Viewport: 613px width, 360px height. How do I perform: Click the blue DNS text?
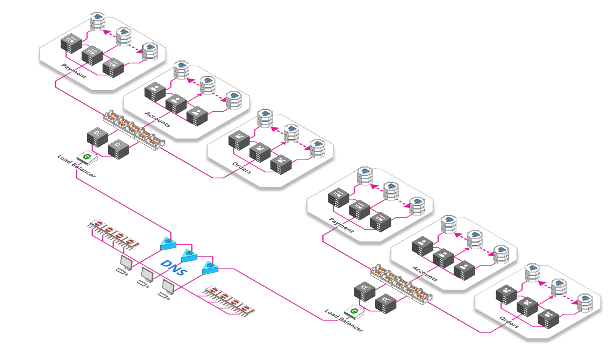174,268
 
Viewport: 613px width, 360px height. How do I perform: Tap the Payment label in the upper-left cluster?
74,71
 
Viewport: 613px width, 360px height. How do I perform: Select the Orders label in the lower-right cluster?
509,322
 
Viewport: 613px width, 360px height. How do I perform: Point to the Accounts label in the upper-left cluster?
158,119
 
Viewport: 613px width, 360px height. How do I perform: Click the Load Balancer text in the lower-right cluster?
344,321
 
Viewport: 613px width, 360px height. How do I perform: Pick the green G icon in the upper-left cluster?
87,157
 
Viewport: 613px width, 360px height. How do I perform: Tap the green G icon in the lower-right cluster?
354,311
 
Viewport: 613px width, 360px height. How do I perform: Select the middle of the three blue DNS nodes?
189,255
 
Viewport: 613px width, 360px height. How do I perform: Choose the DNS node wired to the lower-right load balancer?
210,268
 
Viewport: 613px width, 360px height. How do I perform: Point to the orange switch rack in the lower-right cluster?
402,285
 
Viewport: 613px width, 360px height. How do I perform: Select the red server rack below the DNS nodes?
229,301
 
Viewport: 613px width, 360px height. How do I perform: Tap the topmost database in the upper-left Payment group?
97,21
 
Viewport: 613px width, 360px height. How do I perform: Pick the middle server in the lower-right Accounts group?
443,258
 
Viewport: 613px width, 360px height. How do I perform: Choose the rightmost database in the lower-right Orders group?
585,303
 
